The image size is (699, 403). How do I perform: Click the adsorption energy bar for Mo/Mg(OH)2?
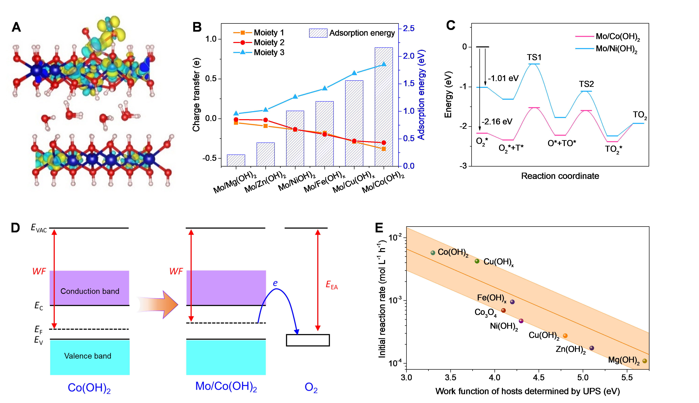[x=236, y=160]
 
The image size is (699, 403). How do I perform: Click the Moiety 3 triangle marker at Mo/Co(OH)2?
[x=383, y=64]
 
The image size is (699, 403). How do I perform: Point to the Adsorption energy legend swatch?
[x=318, y=33]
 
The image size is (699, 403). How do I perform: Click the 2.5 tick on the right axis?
[x=409, y=28]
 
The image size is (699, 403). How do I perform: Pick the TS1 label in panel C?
[x=534, y=57]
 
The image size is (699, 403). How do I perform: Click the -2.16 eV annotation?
[x=497, y=122]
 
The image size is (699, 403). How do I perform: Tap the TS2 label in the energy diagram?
[x=586, y=84]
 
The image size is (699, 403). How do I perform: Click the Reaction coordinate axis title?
[x=560, y=176]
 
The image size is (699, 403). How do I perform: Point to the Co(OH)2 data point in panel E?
[x=433, y=253]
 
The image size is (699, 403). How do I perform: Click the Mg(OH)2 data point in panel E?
[x=645, y=361]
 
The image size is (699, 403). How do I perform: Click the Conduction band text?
[x=90, y=291]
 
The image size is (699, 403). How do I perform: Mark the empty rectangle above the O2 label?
[x=308, y=340]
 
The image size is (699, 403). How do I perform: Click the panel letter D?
[x=16, y=228]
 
